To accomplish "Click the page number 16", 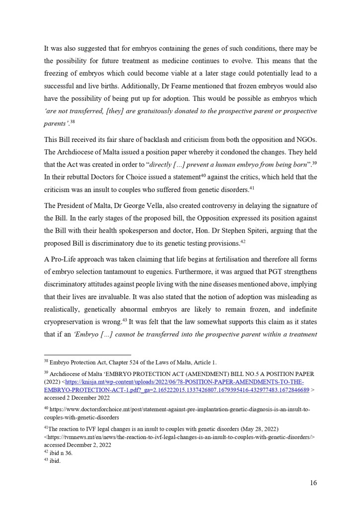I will pos(313,482).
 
